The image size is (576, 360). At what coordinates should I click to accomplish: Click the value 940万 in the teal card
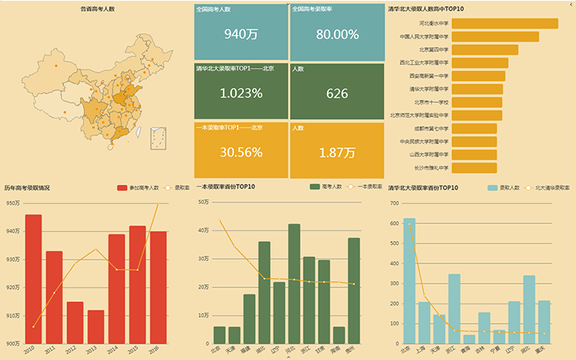pyautogui.click(x=240, y=34)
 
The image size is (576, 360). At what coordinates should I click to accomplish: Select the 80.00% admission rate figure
pyautogui.click(x=337, y=34)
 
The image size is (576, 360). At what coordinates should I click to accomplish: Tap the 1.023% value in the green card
pyautogui.click(x=240, y=93)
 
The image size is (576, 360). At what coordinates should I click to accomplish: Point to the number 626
pyautogui.click(x=337, y=93)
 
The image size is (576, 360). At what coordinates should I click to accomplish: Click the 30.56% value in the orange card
pyautogui.click(x=240, y=152)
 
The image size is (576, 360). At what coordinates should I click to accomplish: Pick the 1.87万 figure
pyautogui.click(x=337, y=152)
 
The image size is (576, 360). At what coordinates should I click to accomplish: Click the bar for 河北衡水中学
pyautogui.click(x=504, y=24)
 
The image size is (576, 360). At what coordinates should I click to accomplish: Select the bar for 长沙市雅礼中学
pyautogui.click(x=474, y=168)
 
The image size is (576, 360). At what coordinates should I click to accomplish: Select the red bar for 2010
pyautogui.click(x=33, y=278)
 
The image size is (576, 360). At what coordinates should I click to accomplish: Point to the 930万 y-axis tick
pyautogui.click(x=13, y=260)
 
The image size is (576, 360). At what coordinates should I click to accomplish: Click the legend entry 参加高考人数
pyautogui.click(x=144, y=188)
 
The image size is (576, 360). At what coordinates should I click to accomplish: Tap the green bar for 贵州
pyautogui.click(x=353, y=290)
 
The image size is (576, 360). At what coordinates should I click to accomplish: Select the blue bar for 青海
pyautogui.click(x=469, y=338)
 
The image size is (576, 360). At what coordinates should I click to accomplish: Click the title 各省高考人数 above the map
pyautogui.click(x=97, y=8)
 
